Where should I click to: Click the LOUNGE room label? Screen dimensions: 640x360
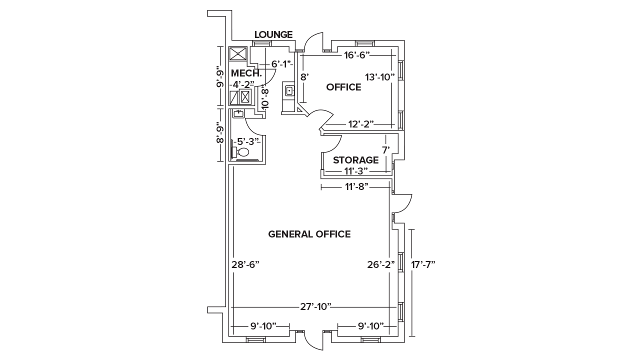pyautogui.click(x=273, y=34)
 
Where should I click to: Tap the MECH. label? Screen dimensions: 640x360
pyautogui.click(x=243, y=73)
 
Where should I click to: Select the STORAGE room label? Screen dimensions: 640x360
pyautogui.click(x=355, y=160)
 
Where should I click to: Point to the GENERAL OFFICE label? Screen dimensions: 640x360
pyautogui.click(x=309, y=234)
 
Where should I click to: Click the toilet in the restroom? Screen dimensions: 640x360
pyautogui.click(x=241, y=151)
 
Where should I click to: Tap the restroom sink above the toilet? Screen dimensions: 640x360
pyautogui.click(x=238, y=114)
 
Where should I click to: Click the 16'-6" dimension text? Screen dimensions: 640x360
pyautogui.click(x=356, y=55)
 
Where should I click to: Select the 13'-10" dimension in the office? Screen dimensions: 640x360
pyautogui.click(x=379, y=77)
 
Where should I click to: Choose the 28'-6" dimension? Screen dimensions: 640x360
pyautogui.click(x=245, y=264)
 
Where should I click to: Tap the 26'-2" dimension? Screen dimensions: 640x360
pyautogui.click(x=381, y=264)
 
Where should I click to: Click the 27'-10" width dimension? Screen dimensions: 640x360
pyautogui.click(x=316, y=306)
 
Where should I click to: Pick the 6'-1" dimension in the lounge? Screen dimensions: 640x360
pyautogui.click(x=281, y=64)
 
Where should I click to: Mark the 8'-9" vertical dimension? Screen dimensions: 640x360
pyautogui.click(x=220, y=132)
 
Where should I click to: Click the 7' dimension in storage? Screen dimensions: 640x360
pyautogui.click(x=385, y=149)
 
